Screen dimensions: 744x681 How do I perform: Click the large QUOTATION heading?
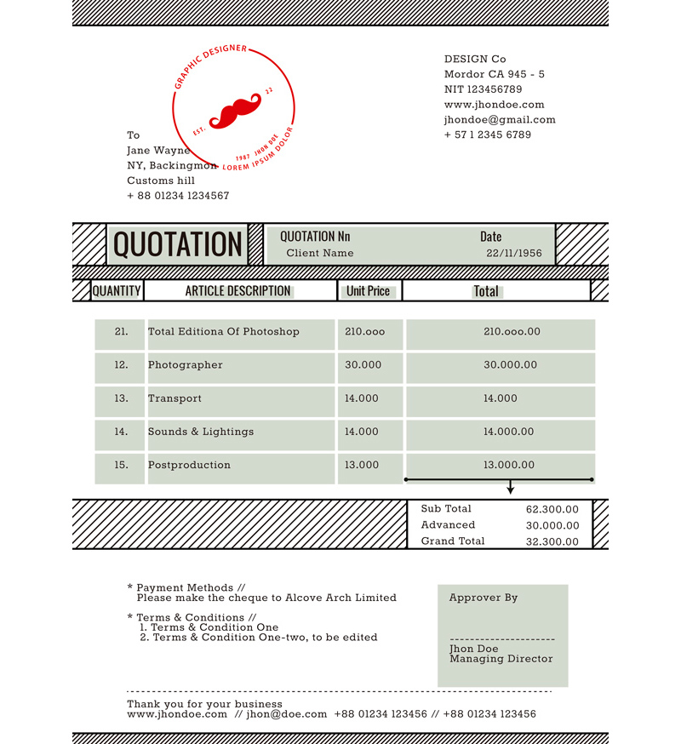[x=178, y=244]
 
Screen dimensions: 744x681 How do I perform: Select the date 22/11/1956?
[x=514, y=253]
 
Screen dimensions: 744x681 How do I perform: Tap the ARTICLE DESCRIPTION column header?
[x=238, y=291]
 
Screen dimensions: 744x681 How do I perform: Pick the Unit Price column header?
[x=368, y=291]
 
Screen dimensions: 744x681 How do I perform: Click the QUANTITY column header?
[x=117, y=291]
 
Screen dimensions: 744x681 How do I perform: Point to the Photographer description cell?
[x=186, y=365]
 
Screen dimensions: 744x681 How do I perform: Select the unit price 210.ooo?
[x=365, y=332]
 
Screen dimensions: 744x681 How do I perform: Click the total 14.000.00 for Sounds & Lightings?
[x=509, y=432]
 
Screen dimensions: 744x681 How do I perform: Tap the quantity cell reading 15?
[x=121, y=465]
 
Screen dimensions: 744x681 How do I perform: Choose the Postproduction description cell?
[x=189, y=465]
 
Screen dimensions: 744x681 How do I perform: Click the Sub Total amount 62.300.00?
[x=552, y=509]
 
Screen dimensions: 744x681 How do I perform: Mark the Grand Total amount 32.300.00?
[x=552, y=541]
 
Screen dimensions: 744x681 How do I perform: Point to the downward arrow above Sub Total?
[x=510, y=489]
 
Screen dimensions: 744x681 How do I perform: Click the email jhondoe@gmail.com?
[x=500, y=120]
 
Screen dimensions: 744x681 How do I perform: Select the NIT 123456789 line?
[x=483, y=89]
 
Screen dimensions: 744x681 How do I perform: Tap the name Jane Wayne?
[x=158, y=151]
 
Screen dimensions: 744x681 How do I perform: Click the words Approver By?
[x=484, y=598]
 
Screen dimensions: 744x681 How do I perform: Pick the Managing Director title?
[x=501, y=659]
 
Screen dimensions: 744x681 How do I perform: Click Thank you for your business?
[x=204, y=704]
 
